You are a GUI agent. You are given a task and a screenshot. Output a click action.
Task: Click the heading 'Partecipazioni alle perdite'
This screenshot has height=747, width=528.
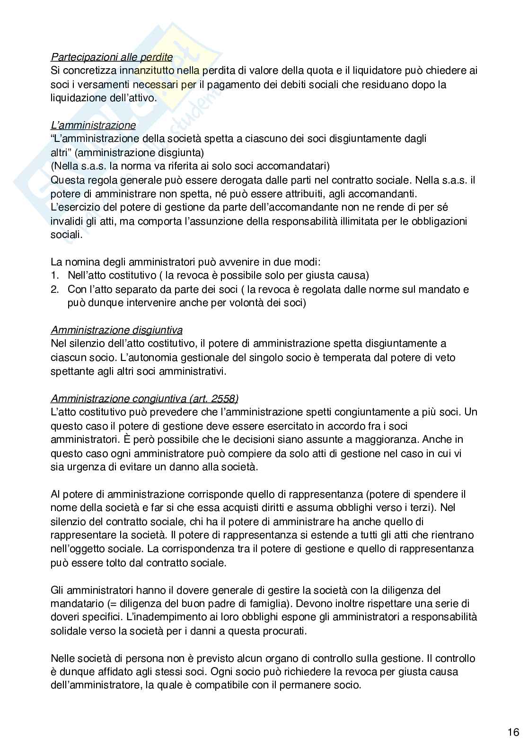(112, 57)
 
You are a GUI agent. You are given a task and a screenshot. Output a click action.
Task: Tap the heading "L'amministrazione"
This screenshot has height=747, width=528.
(93, 125)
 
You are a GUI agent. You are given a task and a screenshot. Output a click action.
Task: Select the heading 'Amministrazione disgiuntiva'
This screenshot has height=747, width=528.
(116, 330)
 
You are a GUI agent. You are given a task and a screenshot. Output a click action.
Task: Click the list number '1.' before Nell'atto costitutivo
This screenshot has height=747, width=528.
(54, 275)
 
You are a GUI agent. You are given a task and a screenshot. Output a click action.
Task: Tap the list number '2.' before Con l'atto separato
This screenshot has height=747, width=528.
(54, 289)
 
